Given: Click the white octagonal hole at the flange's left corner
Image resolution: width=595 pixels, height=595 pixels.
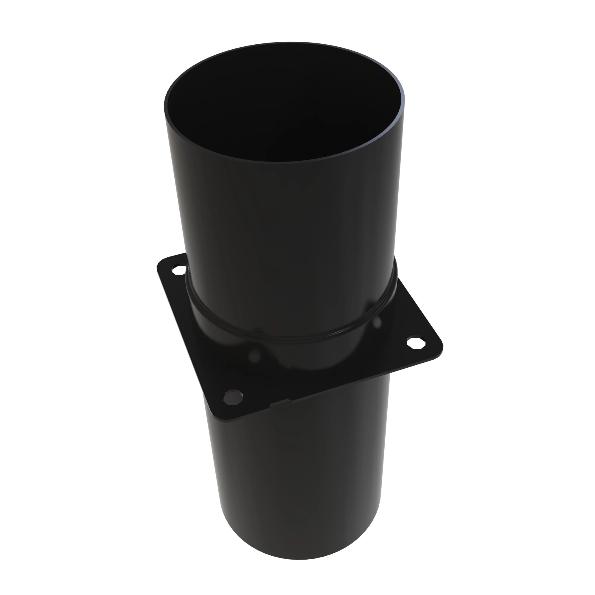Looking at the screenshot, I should [x=179, y=270].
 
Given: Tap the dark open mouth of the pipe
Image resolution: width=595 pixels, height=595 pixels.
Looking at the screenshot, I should [x=283, y=105].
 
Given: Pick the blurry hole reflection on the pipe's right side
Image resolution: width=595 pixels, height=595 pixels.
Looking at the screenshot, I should [x=377, y=322].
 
